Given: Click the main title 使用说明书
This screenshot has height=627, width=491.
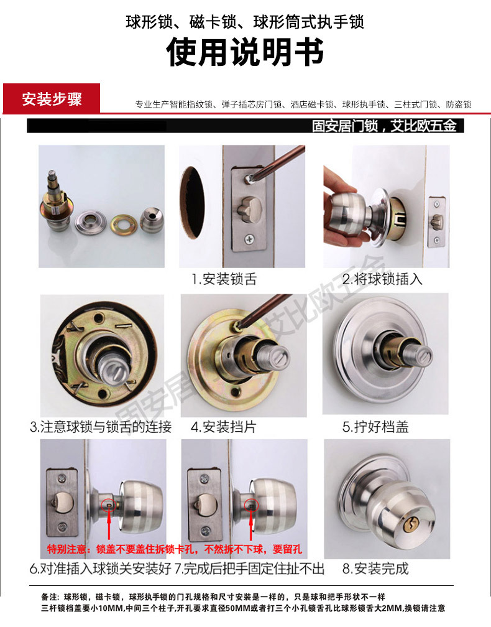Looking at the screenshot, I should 245,53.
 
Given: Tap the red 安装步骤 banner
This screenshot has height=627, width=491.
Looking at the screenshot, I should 52,99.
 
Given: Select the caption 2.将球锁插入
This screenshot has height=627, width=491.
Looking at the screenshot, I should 382,279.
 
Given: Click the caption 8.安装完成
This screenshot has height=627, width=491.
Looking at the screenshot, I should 375,569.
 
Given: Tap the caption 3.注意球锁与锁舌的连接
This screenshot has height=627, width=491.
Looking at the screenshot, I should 101,427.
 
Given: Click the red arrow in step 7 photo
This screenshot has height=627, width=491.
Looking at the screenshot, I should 252,526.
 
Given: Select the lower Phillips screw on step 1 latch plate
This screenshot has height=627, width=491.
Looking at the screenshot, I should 249,238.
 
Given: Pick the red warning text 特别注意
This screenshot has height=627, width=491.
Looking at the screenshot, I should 68,550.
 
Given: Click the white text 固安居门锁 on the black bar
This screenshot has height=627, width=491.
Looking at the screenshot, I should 345,126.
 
